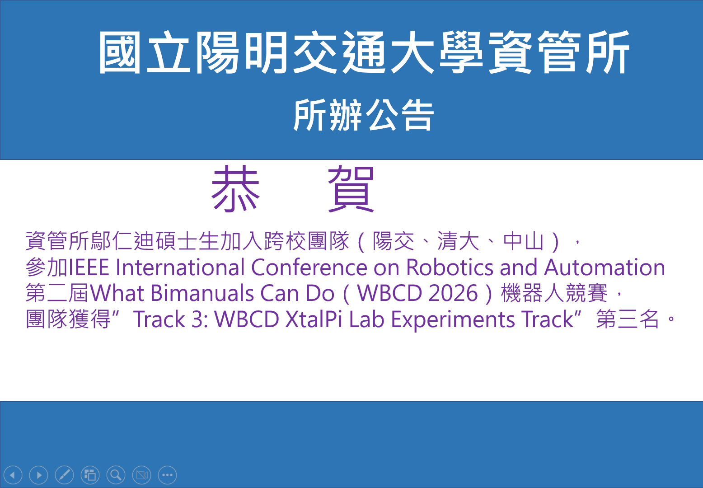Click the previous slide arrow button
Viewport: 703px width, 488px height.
tap(13, 475)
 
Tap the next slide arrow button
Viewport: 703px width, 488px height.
tap(38, 475)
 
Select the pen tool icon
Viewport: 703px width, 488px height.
tap(64, 475)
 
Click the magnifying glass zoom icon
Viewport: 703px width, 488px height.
tap(116, 475)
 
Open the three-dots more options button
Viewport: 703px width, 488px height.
tap(167, 475)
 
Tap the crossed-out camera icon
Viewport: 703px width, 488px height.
tap(141, 475)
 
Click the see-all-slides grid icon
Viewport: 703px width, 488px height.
tap(90, 475)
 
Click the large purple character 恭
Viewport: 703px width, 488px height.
tap(236, 188)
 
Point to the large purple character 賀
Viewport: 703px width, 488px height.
tap(351, 189)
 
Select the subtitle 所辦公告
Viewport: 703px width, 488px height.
tap(364, 115)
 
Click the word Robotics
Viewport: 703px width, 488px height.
tap(450, 267)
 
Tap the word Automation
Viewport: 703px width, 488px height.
tap(605, 267)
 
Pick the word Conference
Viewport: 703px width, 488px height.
tap(309, 267)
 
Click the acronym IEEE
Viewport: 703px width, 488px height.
tap(89, 267)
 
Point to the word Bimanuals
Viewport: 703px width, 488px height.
tap(202, 293)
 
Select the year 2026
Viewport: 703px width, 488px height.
tap(453, 293)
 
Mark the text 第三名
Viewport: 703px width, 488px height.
tap(628, 319)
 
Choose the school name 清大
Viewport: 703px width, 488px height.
tap(459, 241)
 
